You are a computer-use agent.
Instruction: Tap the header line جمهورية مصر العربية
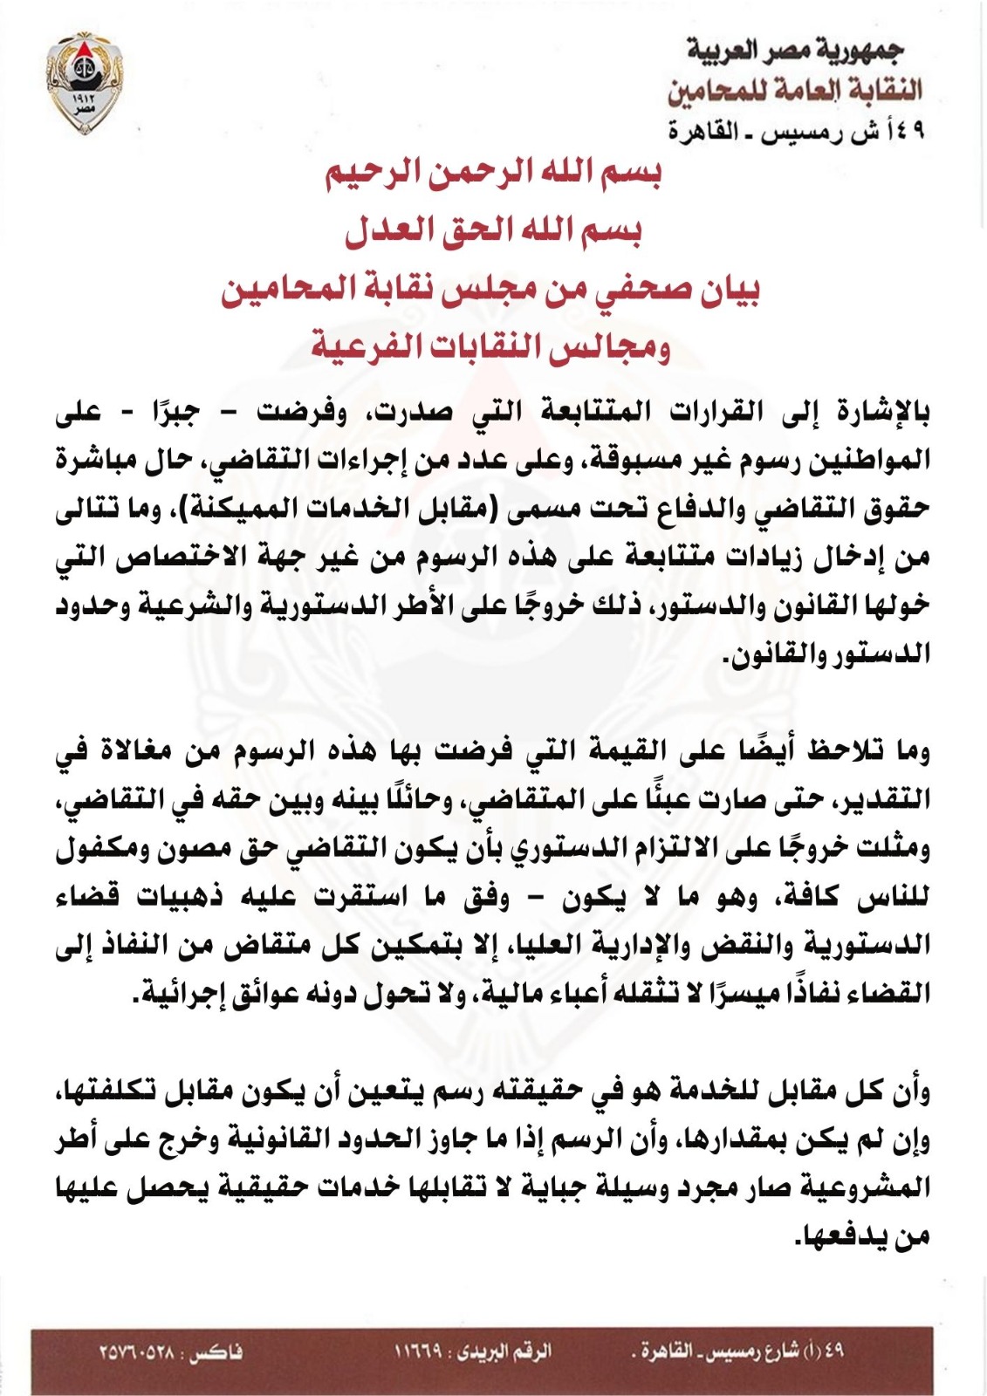pyautogui.click(x=794, y=51)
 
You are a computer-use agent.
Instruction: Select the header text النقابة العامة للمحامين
pyautogui.click(x=794, y=90)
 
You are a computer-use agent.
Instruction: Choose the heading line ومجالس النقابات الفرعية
pyautogui.click(x=490, y=347)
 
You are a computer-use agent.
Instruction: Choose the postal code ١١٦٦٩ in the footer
pyautogui.click(x=417, y=1352)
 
